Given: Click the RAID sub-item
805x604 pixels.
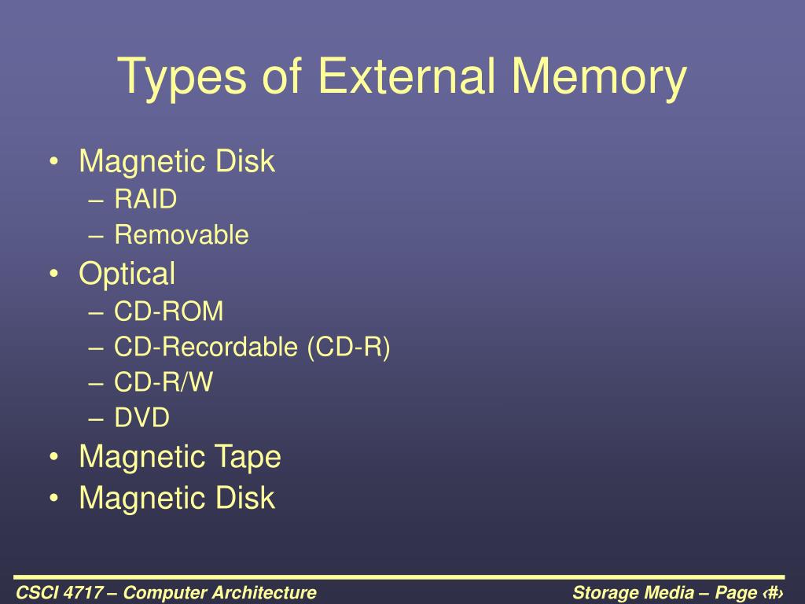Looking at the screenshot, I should tap(145, 200).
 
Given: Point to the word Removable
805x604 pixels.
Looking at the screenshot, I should tap(181, 234).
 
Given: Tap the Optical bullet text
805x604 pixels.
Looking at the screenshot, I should tap(127, 274).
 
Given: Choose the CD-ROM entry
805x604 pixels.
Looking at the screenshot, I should tap(169, 311).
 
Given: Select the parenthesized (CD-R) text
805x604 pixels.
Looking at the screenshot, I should tap(349, 347).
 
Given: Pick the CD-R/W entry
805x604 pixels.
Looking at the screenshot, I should tap(164, 382).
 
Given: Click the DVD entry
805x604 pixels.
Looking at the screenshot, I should tap(142, 418).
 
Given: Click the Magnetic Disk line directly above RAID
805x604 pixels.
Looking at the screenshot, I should tap(177, 162).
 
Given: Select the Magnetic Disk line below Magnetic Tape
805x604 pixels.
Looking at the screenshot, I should tap(177, 498).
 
